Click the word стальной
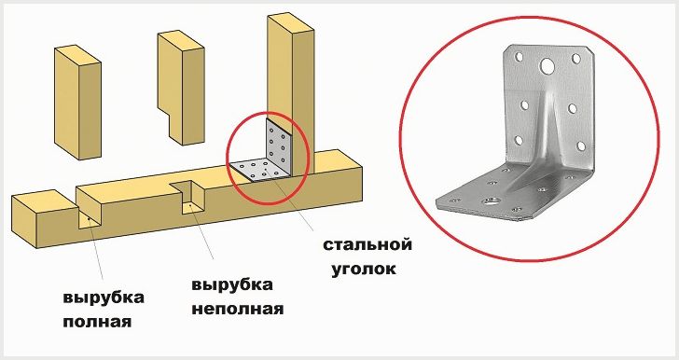point(367,244)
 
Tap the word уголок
point(364,270)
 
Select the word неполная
point(238,310)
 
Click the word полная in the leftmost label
point(97,323)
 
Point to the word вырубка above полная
point(104,298)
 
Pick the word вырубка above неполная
point(232,285)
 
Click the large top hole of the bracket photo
point(547,66)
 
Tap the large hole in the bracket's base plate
point(490,201)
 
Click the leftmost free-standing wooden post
point(78,103)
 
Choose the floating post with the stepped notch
point(181,87)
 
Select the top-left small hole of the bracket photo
point(519,56)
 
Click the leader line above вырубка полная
point(95,250)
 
